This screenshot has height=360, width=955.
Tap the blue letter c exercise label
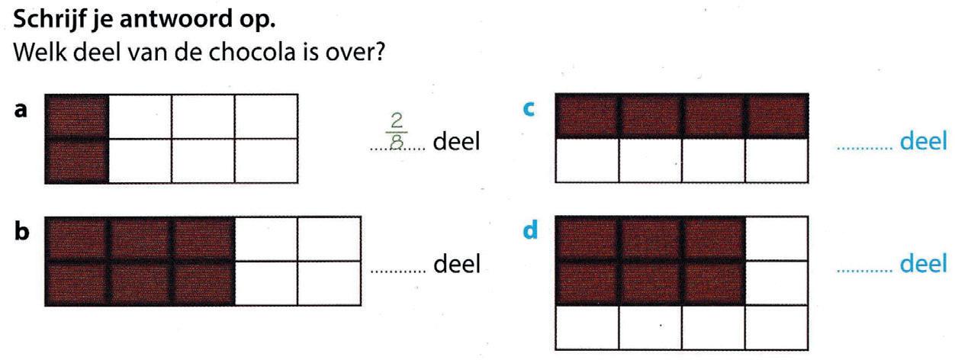[x=526, y=110]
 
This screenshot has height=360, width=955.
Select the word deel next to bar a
[x=456, y=143]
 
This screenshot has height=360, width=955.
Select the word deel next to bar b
[x=456, y=265]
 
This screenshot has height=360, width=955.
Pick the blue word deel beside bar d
[x=924, y=264]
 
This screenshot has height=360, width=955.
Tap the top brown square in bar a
[x=77, y=117]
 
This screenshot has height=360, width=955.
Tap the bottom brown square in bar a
[x=77, y=161]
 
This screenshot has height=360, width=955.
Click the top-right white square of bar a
[x=265, y=117]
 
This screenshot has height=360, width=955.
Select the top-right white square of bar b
[x=329, y=239]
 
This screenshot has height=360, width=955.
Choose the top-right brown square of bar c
[x=776, y=116]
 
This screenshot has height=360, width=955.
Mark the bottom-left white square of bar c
[x=587, y=161]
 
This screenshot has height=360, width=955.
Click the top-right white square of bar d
[x=775, y=238]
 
